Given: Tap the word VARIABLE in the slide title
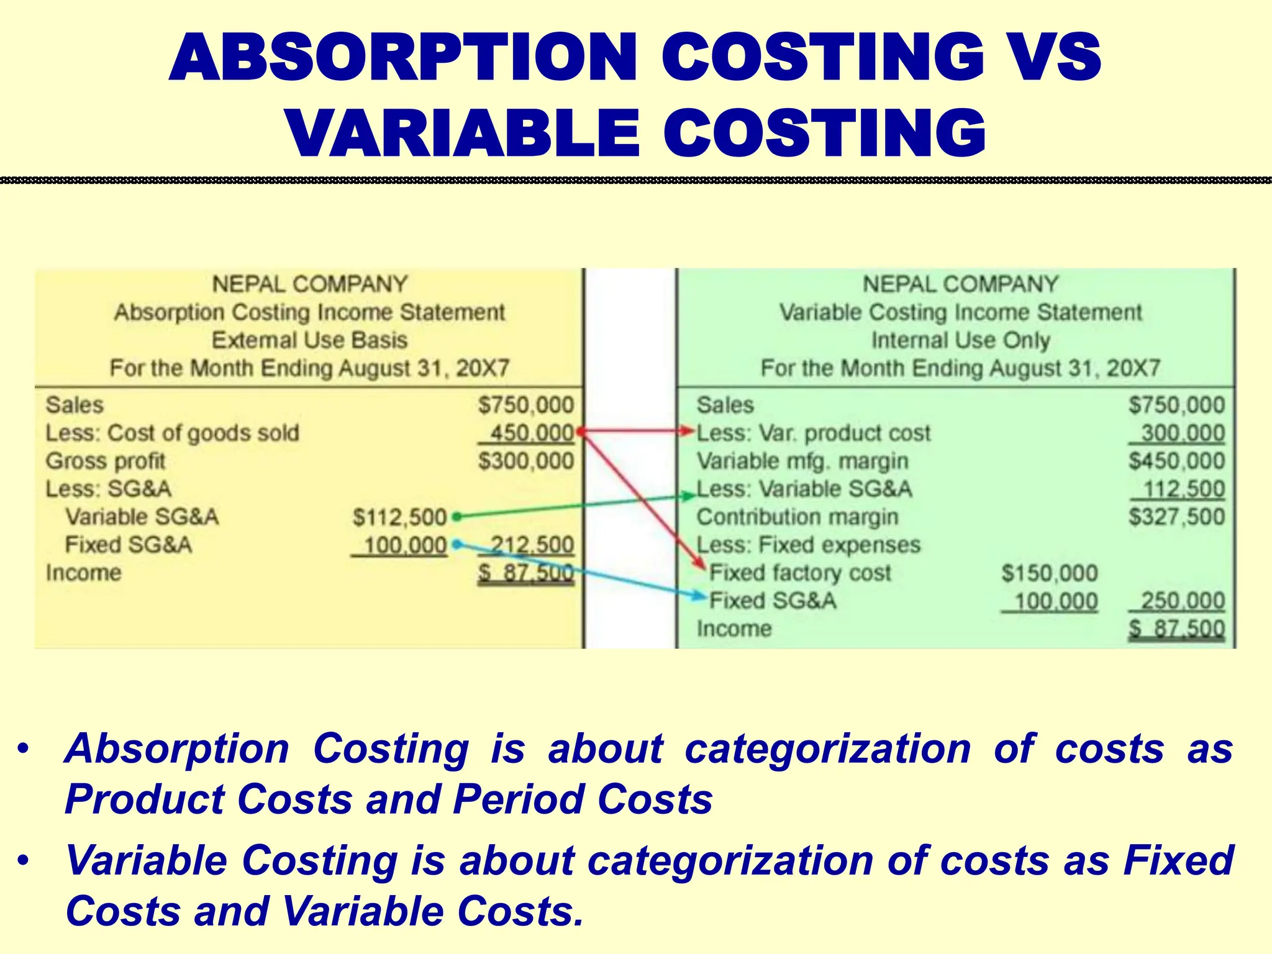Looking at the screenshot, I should (463, 134).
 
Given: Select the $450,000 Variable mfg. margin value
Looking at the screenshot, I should (1176, 461).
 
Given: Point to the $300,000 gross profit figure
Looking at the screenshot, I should (525, 461).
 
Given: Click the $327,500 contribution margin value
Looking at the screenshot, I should (1176, 517).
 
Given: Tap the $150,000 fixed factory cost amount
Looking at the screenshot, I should (1049, 573).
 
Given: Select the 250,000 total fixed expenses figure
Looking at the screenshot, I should (1182, 601).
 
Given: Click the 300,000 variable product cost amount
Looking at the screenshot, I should (1182, 433).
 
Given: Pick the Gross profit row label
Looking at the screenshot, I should (105, 461).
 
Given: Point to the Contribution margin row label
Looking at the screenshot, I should (797, 517).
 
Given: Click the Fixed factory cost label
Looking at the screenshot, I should (800, 573).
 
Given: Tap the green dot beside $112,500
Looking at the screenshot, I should (457, 516).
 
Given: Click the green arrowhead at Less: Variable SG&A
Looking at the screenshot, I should (688, 496).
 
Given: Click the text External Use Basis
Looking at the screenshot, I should (309, 340).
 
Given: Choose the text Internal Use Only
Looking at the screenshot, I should (960, 340).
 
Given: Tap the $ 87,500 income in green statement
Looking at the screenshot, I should (1176, 629).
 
